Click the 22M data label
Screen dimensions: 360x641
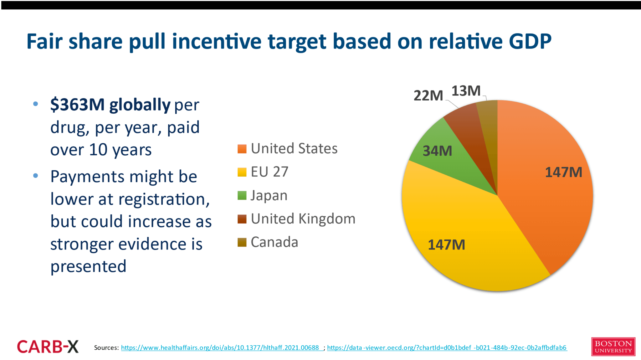click(428, 95)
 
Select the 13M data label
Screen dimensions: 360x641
click(466, 91)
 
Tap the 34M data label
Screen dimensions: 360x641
click(437, 151)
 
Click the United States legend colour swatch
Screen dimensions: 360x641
click(242, 149)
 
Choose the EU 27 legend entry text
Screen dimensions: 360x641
click(269, 172)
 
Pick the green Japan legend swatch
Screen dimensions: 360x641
click(242, 196)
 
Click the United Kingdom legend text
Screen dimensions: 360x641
click(303, 219)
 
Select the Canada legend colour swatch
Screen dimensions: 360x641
click(242, 242)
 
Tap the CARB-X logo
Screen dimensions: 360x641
click(48, 347)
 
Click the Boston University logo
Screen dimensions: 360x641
click(613, 347)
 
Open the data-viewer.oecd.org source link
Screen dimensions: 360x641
click(447, 348)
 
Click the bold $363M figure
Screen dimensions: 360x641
click(77, 105)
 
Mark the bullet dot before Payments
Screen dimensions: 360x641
click(36, 176)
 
